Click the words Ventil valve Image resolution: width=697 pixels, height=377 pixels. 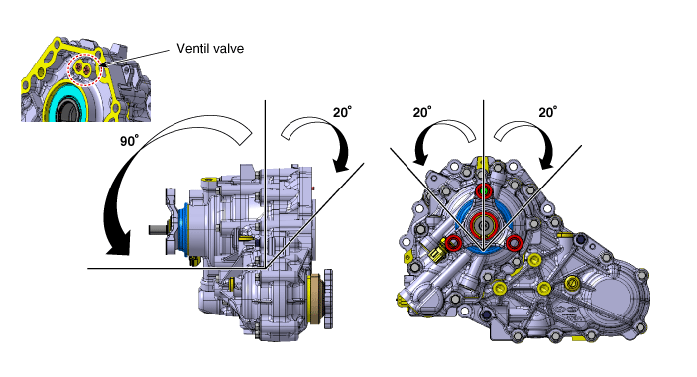210,48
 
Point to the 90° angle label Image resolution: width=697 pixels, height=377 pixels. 129,140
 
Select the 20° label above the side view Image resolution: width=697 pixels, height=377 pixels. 342,112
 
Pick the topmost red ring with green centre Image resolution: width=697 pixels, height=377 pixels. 484,191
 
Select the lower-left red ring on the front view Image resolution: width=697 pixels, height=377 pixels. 453,243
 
